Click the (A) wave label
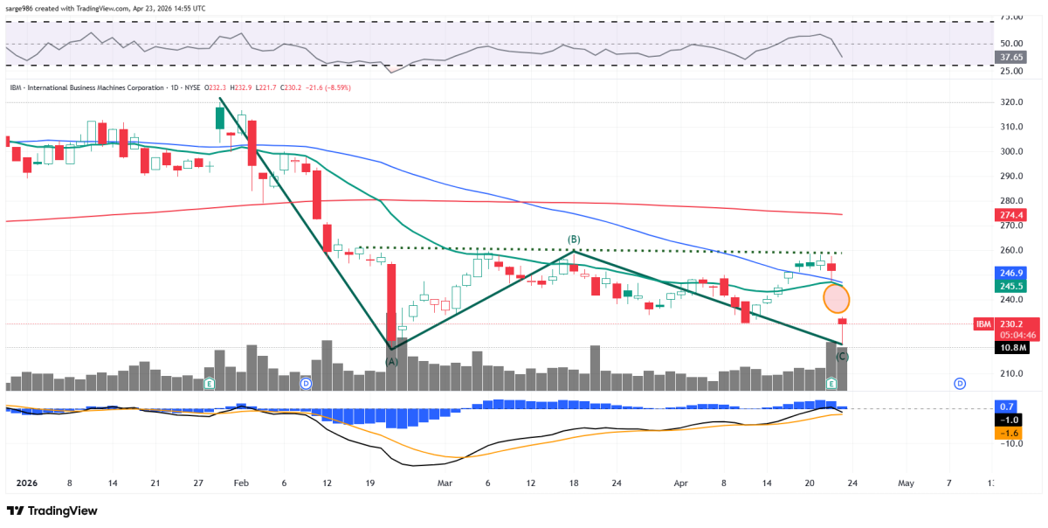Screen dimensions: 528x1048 point(392,361)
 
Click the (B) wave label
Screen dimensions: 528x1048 point(574,240)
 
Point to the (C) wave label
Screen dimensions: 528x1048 point(842,356)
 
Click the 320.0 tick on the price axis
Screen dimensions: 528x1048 point(1011,102)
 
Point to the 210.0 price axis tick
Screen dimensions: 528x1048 point(1011,374)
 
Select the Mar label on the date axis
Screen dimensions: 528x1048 point(445,483)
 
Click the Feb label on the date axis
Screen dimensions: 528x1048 point(242,483)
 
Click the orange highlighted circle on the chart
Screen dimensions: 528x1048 point(837,299)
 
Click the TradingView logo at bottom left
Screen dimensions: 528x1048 point(52,511)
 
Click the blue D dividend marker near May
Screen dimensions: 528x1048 point(959,384)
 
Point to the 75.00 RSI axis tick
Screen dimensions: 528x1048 point(1010,17)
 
